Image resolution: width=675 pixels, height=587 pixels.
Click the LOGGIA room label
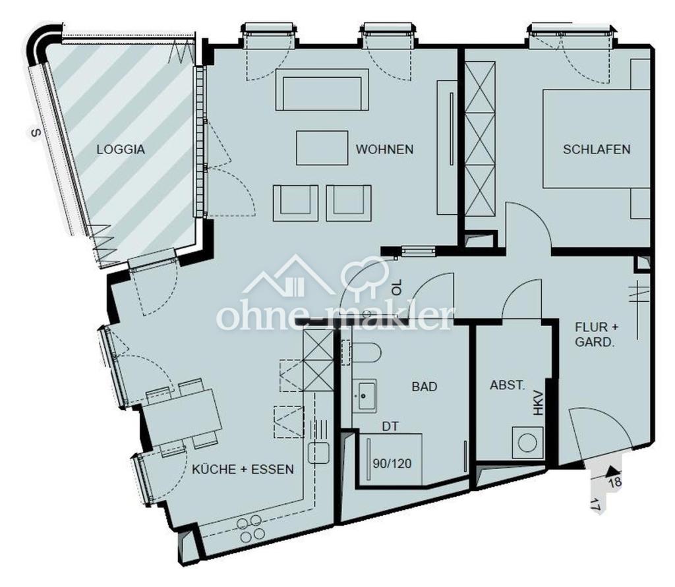pos(121,150)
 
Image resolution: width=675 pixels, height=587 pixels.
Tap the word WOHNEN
pos(384,150)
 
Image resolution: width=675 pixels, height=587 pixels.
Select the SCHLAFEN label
pos(597,150)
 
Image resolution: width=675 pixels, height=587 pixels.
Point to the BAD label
pos(425,387)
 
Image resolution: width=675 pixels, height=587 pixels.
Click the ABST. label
pos(508,385)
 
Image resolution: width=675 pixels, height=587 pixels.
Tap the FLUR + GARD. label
pos(597,335)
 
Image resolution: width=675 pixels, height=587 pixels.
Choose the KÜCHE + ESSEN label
pos(243,469)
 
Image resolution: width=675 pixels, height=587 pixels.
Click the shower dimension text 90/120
pos(392,464)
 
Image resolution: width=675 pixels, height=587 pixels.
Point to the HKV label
pos(539,403)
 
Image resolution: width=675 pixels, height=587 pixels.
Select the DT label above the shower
pos(390,426)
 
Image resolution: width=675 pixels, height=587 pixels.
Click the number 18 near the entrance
pos(615,482)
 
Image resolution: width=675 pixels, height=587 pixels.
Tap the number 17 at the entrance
pos(595,505)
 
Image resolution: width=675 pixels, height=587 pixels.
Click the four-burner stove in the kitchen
pos(251,529)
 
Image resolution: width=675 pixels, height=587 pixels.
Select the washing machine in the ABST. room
pos(527,443)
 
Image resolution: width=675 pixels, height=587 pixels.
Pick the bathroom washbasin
pos(365,395)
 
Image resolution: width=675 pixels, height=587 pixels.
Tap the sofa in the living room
pos(322,90)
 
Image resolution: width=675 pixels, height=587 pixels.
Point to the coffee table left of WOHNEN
pos(322,148)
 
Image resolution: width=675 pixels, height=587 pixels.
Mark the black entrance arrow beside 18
pos(611,471)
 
